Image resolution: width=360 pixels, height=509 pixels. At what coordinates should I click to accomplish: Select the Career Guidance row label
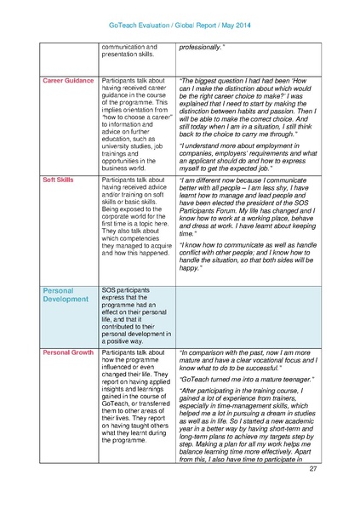coord(68,80)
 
